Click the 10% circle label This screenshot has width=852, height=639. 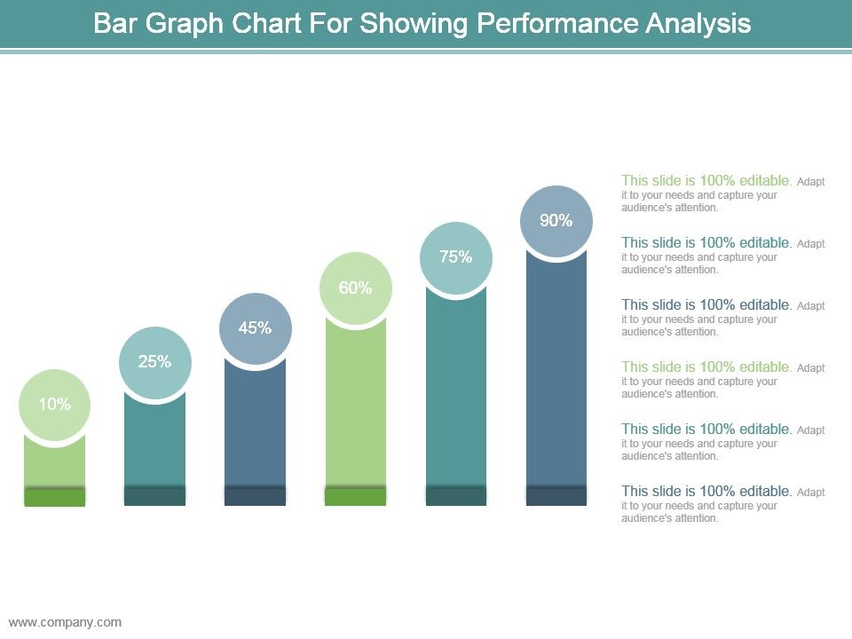click(54, 405)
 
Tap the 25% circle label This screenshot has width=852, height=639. click(154, 362)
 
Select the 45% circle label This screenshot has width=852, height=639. click(255, 328)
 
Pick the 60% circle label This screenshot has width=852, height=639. click(355, 288)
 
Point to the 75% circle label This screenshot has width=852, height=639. click(455, 257)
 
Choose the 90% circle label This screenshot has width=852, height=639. click(556, 221)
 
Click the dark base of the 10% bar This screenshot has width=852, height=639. click(54, 497)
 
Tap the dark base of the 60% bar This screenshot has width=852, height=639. click(355, 497)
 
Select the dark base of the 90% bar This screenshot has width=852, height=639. click(556, 497)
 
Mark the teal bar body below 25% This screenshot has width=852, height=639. click(154, 439)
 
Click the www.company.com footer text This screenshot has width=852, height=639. click(65, 622)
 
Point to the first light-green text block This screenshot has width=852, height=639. click(722, 193)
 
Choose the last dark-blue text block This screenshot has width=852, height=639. click(722, 504)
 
